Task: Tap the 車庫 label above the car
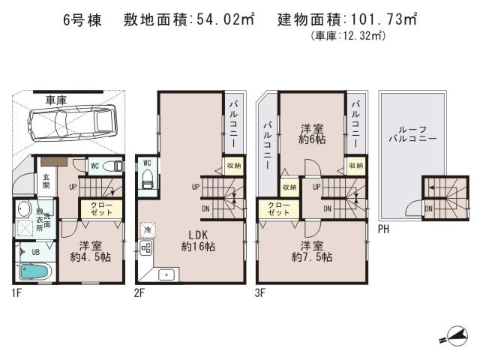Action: [56, 98]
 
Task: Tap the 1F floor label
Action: [16, 292]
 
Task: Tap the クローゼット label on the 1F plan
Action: [102, 208]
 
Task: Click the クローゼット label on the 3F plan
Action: [279, 208]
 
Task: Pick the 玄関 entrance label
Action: [46, 181]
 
